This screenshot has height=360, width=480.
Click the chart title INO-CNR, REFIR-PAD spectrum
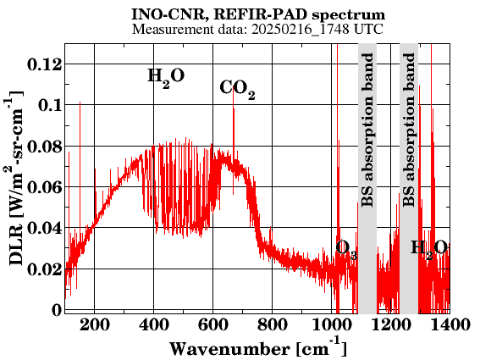(258, 14)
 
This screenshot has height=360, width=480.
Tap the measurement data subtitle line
(257, 30)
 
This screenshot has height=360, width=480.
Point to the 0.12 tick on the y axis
(45, 64)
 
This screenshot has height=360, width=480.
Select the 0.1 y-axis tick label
(50, 105)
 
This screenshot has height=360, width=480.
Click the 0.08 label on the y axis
(45, 147)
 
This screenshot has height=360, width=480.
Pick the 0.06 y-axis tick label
(45, 187)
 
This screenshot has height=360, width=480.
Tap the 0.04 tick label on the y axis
(45, 228)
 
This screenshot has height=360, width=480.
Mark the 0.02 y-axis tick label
(45, 269)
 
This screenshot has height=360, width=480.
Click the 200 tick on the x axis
(94, 324)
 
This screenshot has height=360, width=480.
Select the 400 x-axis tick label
(154, 324)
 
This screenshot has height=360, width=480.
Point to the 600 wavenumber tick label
(213, 324)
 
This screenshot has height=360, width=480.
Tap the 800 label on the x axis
(273, 324)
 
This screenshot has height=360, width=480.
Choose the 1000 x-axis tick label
(332, 324)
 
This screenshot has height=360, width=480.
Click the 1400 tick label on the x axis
(450, 324)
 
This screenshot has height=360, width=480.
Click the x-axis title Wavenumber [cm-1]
(258, 347)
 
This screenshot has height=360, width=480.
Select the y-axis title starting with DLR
(14, 179)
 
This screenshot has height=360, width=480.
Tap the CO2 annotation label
(237, 89)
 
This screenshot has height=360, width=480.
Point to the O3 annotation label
(346, 249)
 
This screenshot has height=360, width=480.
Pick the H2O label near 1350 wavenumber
(429, 249)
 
